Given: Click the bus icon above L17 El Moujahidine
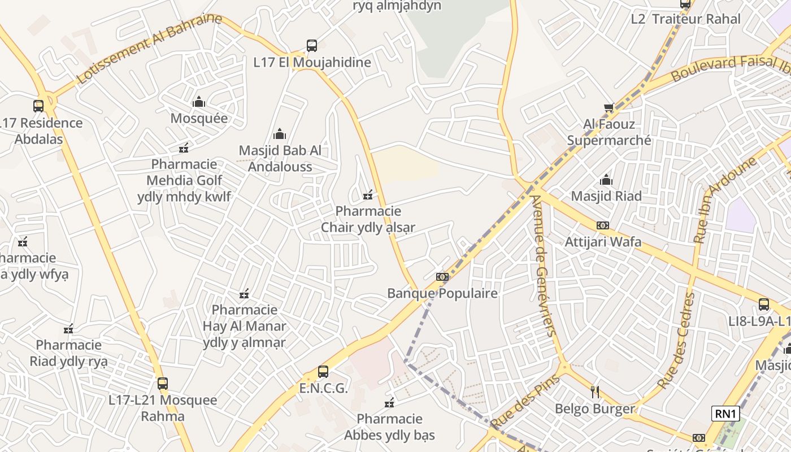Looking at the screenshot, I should [311, 46].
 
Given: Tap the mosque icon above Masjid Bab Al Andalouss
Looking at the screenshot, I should [280, 134].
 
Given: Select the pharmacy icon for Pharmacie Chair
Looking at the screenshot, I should [368, 195].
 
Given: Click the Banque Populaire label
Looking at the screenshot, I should [442, 293].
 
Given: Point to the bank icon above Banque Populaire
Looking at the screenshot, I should [442, 277].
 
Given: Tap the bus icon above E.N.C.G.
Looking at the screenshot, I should [323, 372].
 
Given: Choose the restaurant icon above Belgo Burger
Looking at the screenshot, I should [594, 392].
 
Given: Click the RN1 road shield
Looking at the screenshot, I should [725, 414].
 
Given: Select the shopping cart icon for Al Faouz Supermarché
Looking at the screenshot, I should [609, 107].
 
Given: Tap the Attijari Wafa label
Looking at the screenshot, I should [603, 242].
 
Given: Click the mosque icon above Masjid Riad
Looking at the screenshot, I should [606, 180].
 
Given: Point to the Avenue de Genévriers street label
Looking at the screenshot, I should [544, 266].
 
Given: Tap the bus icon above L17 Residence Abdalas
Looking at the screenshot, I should [38, 106].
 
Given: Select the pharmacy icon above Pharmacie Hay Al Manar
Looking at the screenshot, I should [244, 294].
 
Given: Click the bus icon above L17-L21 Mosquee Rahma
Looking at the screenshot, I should [163, 384].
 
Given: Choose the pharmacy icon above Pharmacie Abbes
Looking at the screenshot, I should [389, 403].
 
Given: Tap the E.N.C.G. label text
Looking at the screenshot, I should [323, 389].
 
